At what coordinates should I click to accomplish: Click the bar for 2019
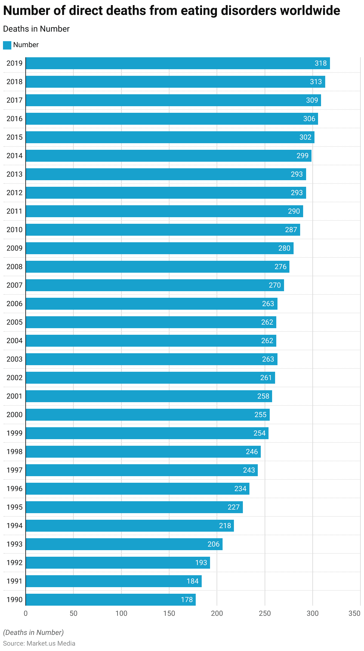[178, 63]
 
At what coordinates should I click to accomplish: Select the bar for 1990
[111, 600]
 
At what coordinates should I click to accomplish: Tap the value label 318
[321, 63]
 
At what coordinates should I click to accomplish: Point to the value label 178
[187, 600]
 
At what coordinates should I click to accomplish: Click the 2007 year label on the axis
[14, 285]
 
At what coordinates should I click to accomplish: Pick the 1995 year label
[14, 507]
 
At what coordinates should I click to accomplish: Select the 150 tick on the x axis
[169, 613]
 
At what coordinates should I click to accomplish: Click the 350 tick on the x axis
[354, 613]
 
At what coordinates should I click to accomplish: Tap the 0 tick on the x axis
[26, 613]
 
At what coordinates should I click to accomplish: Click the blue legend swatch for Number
[7, 45]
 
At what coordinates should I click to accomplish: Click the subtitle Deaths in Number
[36, 29]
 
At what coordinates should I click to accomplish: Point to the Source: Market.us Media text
[39, 644]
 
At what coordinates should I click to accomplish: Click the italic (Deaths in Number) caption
[33, 633]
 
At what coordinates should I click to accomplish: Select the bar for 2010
[163, 230]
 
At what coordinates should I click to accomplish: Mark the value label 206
[213, 544]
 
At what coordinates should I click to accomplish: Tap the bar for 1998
[143, 452]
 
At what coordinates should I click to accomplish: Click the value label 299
[302, 156]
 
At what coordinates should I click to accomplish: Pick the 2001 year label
[14, 396]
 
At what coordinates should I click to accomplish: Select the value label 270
[274, 285]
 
